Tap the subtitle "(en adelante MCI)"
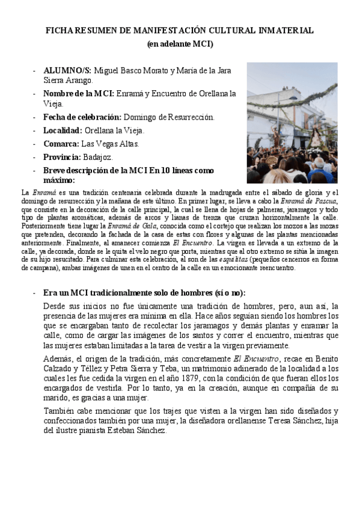(x=180, y=44)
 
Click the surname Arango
(x=79, y=80)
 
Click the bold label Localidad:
(x=63, y=130)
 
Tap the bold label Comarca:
(x=61, y=144)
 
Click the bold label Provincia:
(x=62, y=157)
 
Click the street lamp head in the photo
(x=265, y=96)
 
